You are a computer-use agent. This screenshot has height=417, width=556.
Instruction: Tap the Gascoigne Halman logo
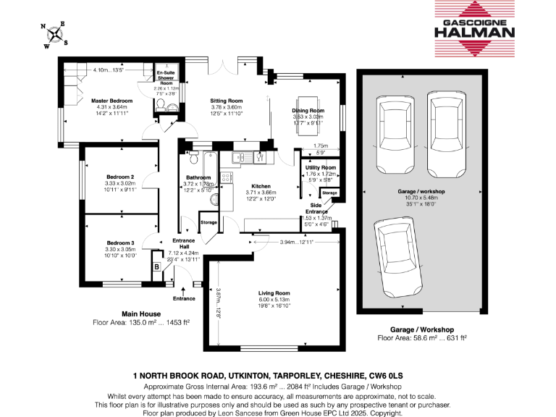pos(474,30)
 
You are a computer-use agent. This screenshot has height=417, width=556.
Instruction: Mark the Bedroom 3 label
pos(121,243)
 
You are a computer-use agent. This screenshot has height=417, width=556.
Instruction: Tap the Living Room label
pos(274,293)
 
